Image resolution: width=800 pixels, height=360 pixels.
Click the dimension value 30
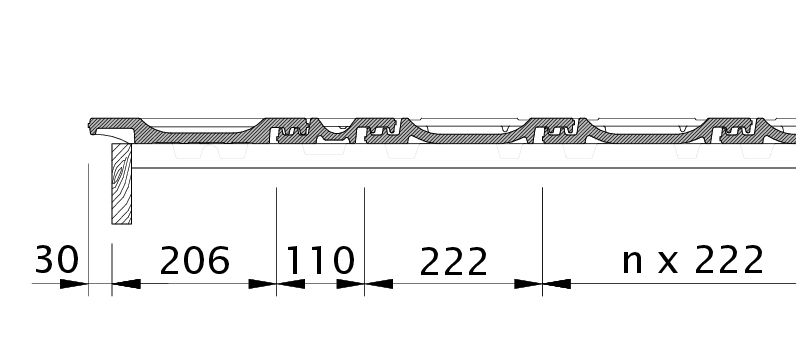tap(57, 260)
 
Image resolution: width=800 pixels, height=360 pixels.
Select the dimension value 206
tap(195, 261)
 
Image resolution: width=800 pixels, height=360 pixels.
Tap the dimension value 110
tap(320, 261)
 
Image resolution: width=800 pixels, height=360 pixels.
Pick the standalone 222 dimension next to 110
tap(453, 262)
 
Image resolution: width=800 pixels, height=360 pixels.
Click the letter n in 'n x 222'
tap(632, 262)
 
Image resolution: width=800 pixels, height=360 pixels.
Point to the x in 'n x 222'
tap(668, 263)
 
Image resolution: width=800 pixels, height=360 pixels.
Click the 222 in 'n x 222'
tap(729, 260)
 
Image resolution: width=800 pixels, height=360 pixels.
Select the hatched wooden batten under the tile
tap(121, 184)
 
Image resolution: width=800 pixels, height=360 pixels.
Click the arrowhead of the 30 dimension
tap(74, 284)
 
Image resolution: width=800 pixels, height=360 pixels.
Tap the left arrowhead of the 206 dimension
tap(127, 284)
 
